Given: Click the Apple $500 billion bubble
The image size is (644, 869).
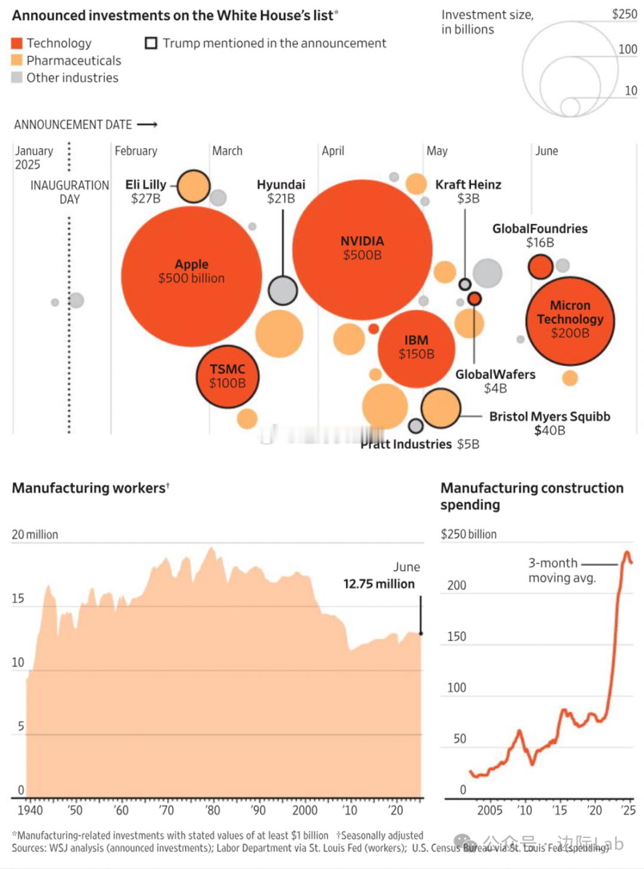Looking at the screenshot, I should tap(191, 276).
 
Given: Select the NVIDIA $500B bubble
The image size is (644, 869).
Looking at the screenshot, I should tap(362, 249).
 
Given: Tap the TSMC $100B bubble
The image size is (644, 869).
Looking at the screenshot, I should tap(227, 377).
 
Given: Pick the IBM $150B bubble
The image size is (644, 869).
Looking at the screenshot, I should tap(416, 349).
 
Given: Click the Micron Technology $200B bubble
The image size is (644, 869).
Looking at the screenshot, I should tap(569, 321).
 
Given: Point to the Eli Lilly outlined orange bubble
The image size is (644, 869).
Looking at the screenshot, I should tap(194, 186).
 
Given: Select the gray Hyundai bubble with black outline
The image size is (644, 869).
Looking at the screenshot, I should tap(283, 291).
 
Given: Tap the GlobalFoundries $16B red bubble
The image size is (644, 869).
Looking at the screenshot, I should tap(540, 266).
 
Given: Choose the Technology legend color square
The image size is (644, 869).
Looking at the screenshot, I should tap(17, 43).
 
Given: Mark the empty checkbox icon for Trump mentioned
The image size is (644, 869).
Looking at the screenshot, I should tap(151, 43).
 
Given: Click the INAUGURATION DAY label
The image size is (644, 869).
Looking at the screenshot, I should tap(70, 192).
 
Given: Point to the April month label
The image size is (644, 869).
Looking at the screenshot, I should tap(333, 151).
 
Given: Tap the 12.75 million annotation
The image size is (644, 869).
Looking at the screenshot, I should tap(379, 584).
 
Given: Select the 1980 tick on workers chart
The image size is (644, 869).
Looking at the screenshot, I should tap(213, 810).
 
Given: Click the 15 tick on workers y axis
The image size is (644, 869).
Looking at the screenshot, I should tap(18, 599).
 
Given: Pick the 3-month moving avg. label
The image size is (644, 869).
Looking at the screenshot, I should tap(561, 571).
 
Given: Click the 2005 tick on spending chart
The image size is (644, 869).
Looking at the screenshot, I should tap(490, 810).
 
